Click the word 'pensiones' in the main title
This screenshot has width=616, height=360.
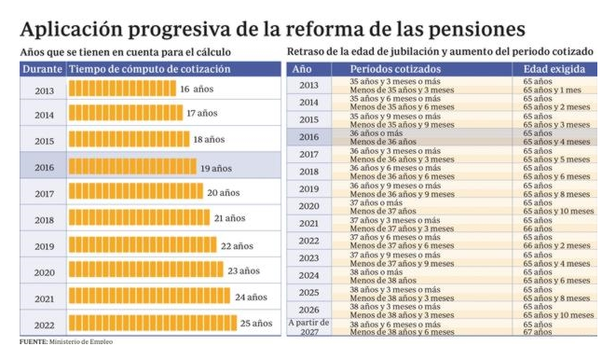[476, 30]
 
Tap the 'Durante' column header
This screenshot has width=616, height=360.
[43, 69]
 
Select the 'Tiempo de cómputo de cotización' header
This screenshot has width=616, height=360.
[150, 69]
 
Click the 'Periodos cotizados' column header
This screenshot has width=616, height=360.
[395, 69]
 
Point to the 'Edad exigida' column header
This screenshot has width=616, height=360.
[554, 69]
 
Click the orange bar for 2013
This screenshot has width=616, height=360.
[123, 89]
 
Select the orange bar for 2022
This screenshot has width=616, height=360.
[153, 323]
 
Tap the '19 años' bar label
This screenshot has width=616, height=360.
[216, 169]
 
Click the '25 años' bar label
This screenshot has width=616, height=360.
[256, 324]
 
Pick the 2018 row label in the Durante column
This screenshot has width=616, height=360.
[45, 220]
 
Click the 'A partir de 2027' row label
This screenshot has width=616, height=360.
[308, 327]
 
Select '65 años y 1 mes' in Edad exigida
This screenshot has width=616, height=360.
[552, 90]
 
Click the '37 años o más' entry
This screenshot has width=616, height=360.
[376, 202]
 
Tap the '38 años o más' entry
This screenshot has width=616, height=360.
[376, 272]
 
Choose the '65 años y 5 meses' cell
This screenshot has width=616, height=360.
[556, 159]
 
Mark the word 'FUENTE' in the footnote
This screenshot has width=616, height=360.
[34, 342]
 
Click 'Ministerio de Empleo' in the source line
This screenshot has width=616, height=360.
[81, 342]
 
